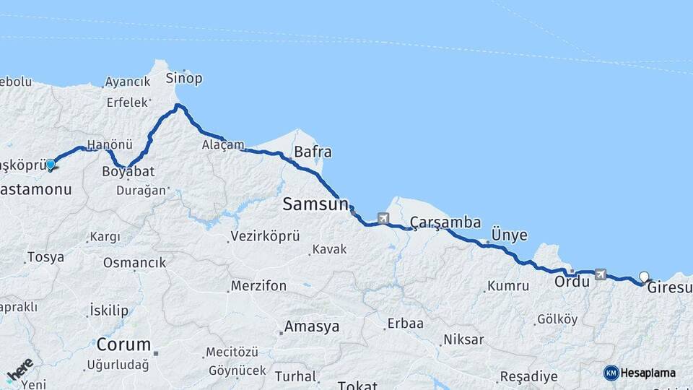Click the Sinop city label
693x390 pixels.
point(184,78)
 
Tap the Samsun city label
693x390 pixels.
point(315,204)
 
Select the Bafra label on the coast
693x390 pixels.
point(313,152)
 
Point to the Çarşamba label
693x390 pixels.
point(445,222)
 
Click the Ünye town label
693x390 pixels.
point(509,235)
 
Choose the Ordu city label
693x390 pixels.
point(572,282)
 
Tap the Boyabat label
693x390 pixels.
point(128,172)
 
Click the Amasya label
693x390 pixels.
point(311,326)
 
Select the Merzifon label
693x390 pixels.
point(258,286)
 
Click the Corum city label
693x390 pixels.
point(123,344)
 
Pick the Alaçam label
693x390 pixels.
point(223,144)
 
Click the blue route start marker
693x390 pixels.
point(51,165)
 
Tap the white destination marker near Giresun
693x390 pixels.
point(644,276)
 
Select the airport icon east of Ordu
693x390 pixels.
point(600,273)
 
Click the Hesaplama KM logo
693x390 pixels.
point(640,373)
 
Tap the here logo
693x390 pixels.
point(19,370)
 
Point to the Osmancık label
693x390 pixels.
point(134,262)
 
